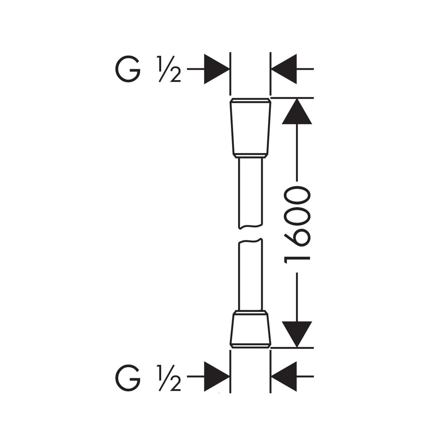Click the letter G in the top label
[x=128, y=69]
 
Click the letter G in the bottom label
[x=128, y=378]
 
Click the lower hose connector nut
[x=250, y=329]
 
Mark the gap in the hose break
[x=250, y=234]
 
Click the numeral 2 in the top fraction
[x=175, y=77]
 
